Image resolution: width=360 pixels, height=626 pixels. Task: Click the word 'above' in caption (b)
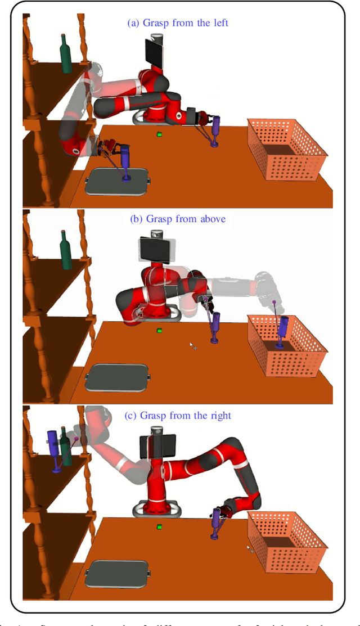(211, 219)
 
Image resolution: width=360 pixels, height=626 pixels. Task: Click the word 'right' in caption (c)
(219, 416)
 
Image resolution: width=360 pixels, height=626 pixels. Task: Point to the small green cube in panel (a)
(160, 134)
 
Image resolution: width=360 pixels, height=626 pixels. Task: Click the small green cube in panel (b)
(160, 330)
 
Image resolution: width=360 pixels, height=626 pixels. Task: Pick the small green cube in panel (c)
(160, 526)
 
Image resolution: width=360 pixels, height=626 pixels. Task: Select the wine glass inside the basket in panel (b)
(282, 331)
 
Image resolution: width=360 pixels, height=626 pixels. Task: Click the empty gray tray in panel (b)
(118, 377)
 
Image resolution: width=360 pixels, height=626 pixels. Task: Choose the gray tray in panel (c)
(118, 574)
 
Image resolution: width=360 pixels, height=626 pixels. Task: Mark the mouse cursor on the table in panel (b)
(193, 345)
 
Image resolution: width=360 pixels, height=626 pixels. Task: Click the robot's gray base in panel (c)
(156, 509)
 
